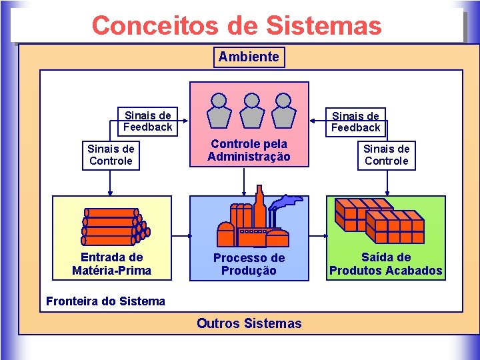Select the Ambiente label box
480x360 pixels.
[249, 57]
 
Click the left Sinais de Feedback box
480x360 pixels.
[147, 121]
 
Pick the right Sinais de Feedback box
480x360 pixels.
[355, 121]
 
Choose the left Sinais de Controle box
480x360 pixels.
[111, 155]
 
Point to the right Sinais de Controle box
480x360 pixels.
[386, 155]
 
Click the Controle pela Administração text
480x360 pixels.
[249, 151]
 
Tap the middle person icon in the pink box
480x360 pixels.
[251, 109]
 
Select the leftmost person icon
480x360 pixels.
[219, 109]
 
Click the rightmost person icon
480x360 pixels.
[283, 109]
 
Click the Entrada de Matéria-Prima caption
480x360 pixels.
[111, 264]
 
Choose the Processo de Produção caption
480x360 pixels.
[249, 264]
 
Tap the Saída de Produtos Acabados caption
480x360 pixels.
[385, 264]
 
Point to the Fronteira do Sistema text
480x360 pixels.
[105, 301]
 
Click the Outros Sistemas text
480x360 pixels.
[249, 324]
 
